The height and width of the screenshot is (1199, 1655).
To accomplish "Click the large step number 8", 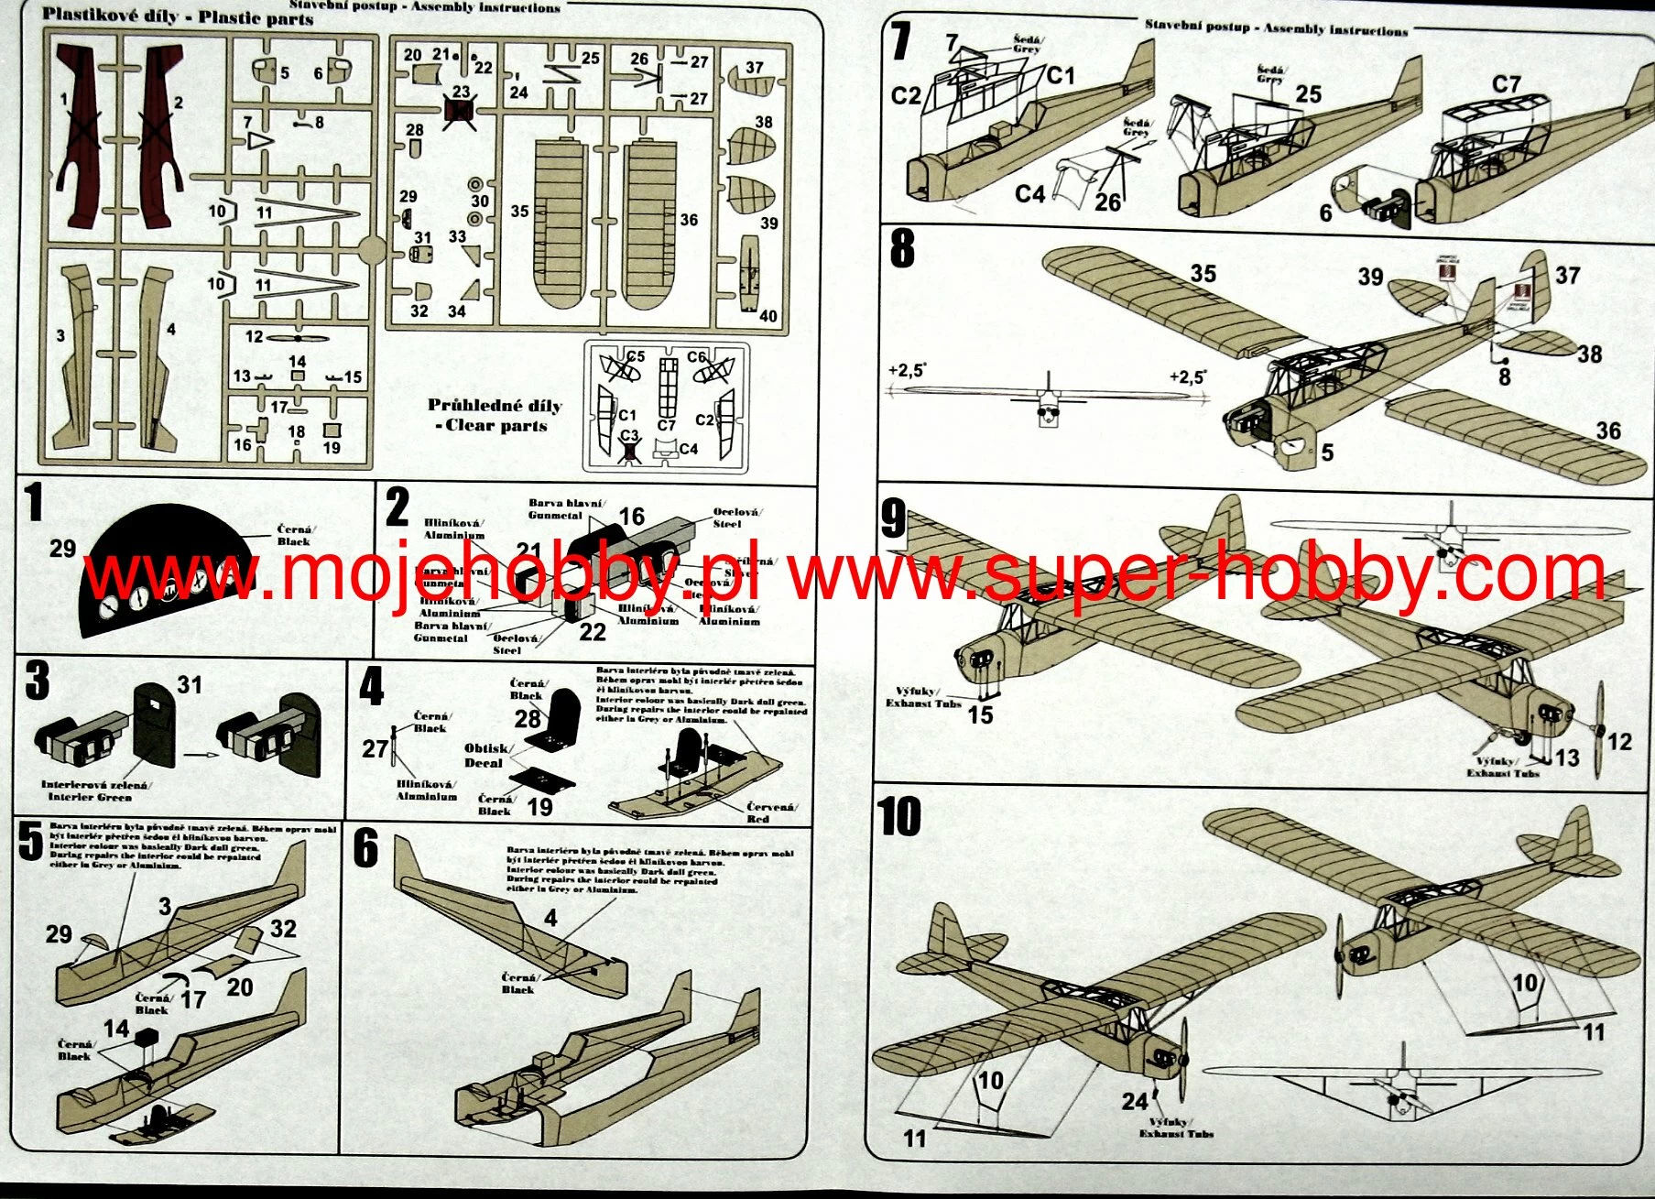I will [902, 248].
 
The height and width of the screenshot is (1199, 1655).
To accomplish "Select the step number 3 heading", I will [37, 681].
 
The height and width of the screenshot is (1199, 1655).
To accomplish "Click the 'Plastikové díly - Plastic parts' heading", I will [178, 16].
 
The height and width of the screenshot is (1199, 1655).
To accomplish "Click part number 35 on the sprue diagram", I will [519, 212].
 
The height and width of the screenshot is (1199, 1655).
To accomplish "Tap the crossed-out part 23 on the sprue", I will [459, 110].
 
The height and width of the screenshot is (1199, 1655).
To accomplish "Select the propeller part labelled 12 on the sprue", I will [303, 338].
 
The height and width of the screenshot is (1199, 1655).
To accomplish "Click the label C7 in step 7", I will [1506, 84].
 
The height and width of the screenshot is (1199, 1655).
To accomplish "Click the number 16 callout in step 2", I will [632, 517].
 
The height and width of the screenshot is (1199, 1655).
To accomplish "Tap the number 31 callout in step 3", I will [189, 685].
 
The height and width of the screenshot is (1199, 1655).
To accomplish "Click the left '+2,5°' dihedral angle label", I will [907, 371].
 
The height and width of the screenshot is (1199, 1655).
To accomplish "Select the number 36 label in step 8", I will [1608, 431].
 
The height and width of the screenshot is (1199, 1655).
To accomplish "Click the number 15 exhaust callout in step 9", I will [980, 715].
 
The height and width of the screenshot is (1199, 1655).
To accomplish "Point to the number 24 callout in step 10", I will [1134, 1101].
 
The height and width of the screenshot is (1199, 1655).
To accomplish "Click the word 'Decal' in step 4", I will [484, 763].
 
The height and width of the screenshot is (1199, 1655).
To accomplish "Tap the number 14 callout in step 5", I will [115, 1029].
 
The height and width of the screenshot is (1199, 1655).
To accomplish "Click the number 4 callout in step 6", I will [550, 918].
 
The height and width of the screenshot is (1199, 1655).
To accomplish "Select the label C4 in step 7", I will [1029, 194].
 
